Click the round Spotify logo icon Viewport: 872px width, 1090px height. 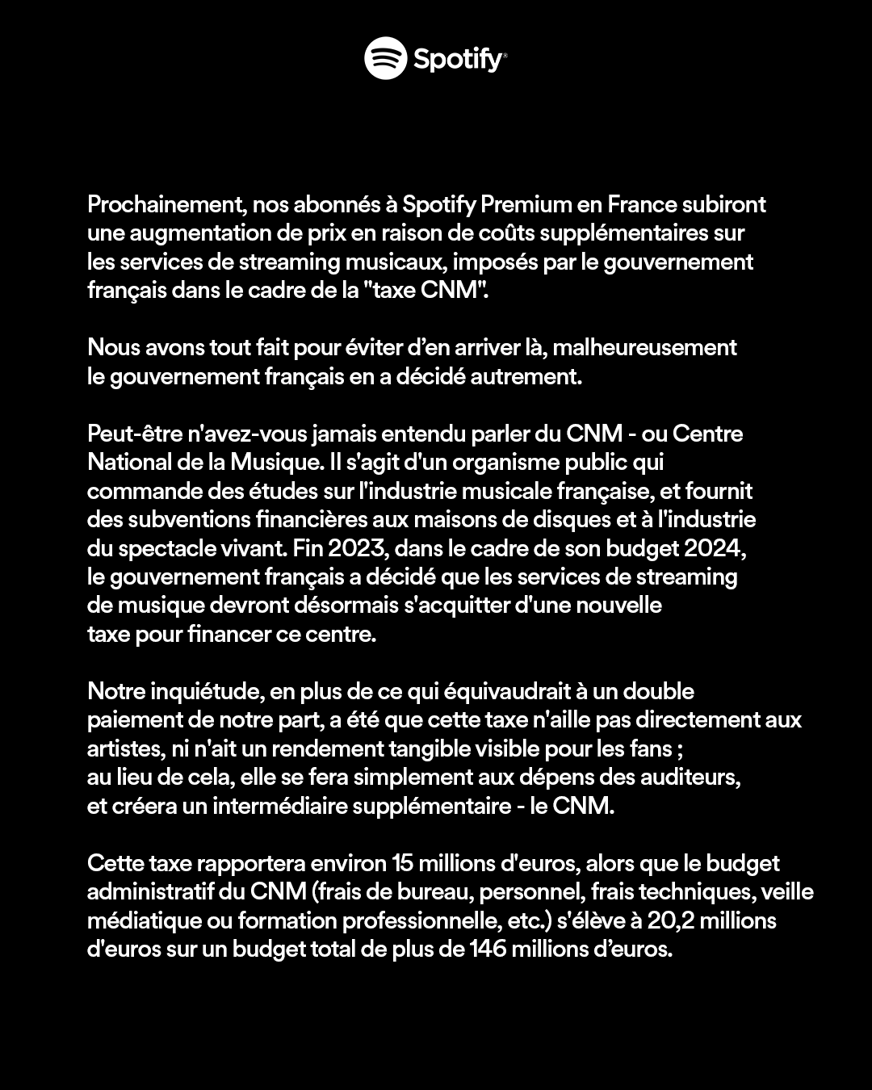tap(385, 58)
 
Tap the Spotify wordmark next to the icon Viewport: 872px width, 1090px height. tap(459, 59)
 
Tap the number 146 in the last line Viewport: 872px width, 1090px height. tap(488, 950)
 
